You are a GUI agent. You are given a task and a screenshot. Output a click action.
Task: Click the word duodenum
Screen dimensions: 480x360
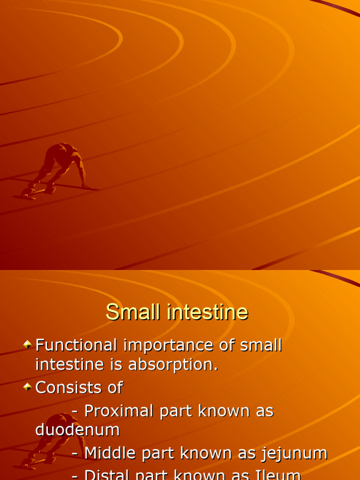click(77, 430)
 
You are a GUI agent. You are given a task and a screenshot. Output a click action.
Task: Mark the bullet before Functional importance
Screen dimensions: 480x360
click(28, 345)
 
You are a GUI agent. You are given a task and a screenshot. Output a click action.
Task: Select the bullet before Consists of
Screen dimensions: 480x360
click(28, 387)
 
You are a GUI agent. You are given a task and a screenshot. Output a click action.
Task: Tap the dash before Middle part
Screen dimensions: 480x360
click(75, 454)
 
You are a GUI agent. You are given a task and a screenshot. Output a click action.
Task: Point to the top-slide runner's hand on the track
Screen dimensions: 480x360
click(86, 187)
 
